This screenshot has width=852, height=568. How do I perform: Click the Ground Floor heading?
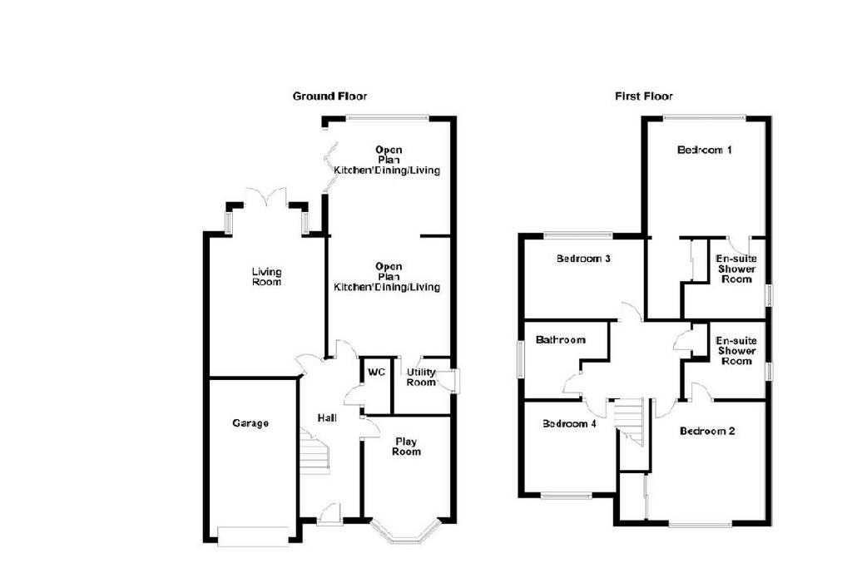pos(329,96)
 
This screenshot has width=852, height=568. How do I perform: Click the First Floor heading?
pos(644,96)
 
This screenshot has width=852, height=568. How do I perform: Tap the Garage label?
pos(250,423)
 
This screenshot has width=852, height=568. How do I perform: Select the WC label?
pos(377,372)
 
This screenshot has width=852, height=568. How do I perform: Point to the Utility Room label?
pos(421,377)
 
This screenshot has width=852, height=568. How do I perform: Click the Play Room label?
pos(406,447)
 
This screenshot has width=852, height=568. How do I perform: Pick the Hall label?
pos(327,417)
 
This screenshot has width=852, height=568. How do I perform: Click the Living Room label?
pos(267,276)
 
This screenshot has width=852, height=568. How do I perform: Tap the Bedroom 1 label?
pos(705,150)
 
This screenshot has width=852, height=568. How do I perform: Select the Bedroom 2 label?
pos(707,431)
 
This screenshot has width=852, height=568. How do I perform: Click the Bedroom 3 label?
pos(583,259)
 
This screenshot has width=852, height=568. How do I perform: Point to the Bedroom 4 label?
pos(569,423)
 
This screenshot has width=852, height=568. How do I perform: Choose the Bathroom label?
pos(561,340)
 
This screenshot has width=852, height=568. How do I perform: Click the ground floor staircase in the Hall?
pos(315,452)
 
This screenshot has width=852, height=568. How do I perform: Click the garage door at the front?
pos(253,536)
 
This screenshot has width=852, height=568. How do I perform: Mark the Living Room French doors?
pos(266,198)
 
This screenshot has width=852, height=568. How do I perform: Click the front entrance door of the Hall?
pos(329,515)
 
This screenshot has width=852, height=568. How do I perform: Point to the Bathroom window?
pos(519,359)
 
